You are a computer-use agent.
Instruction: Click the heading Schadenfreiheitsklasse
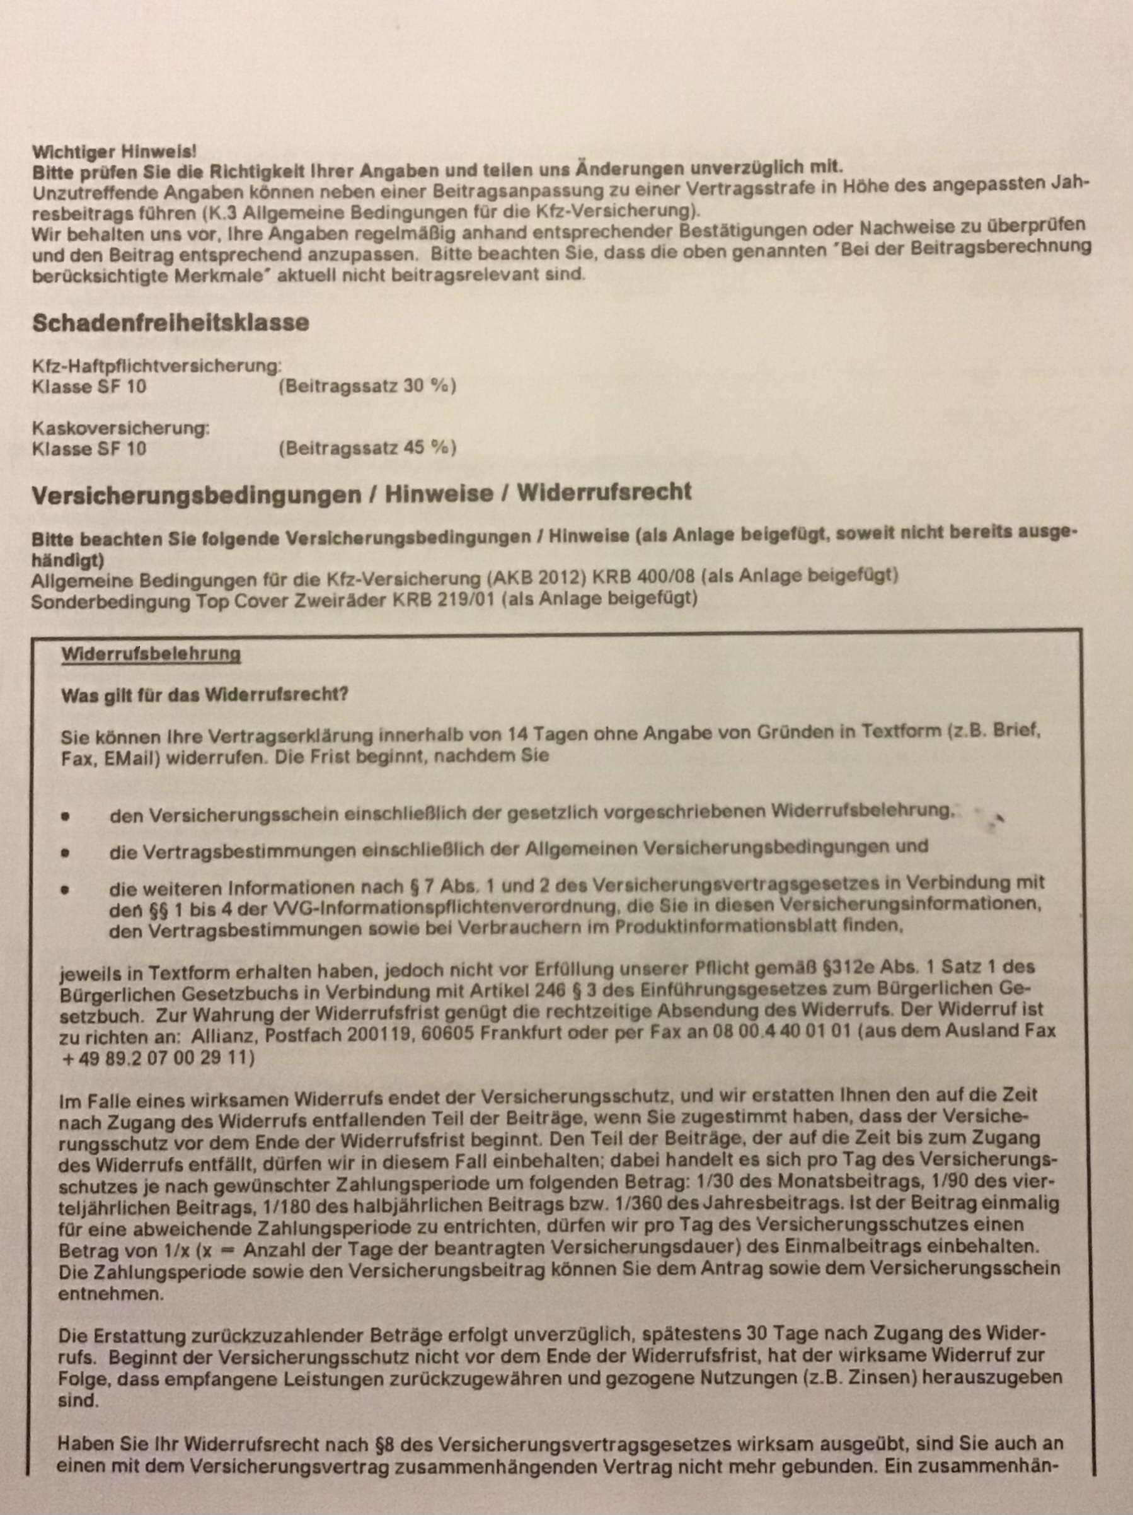(171, 323)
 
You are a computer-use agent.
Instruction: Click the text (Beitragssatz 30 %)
(367, 386)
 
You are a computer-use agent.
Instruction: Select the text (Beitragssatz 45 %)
(367, 449)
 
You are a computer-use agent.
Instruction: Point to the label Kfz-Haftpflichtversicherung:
(157, 366)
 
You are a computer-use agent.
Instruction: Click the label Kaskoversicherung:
(120, 429)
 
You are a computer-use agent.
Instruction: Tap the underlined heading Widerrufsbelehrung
(151, 654)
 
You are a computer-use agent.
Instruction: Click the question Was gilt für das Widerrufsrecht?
(205, 695)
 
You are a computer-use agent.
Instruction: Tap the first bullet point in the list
(66, 817)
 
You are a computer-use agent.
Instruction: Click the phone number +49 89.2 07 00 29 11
(158, 1058)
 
